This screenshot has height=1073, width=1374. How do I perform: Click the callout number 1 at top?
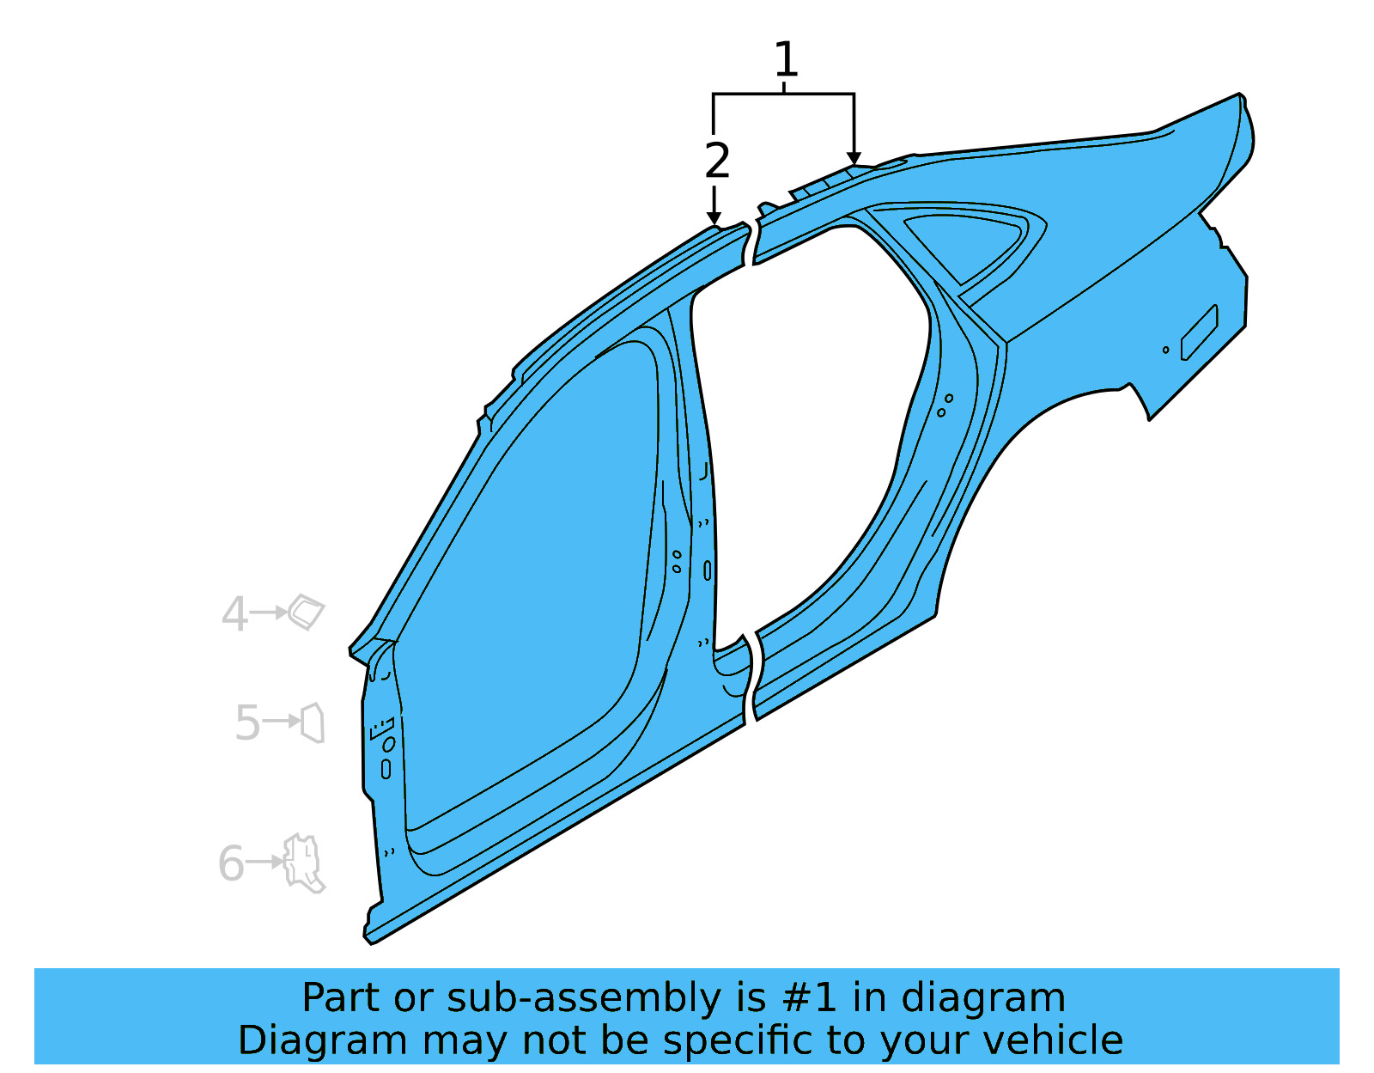coord(786,60)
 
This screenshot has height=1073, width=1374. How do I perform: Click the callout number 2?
coord(717,161)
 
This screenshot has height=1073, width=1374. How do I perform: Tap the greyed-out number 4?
coord(234,614)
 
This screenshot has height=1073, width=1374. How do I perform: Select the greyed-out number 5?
coord(247,722)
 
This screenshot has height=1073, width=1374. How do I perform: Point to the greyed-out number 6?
coord(231,863)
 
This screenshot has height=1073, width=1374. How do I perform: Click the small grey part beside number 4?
coord(307,612)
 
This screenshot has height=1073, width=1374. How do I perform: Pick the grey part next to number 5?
coord(313,722)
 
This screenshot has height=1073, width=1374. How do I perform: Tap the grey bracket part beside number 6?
coord(304,863)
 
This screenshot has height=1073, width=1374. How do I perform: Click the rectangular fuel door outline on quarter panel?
coord(1199,332)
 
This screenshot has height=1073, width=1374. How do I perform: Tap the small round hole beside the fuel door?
coord(1165,350)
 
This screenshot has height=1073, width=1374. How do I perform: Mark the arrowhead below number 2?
coord(714,221)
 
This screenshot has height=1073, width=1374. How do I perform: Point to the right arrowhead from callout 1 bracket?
coord(854,159)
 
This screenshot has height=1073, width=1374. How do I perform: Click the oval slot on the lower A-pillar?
coord(386,769)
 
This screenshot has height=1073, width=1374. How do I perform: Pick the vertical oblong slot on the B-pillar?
coord(708,570)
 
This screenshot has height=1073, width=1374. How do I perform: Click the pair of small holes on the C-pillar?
coord(945,405)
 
